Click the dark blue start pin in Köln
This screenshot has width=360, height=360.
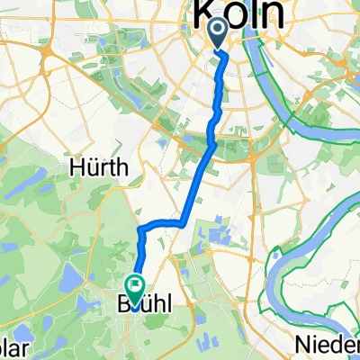click(218, 35)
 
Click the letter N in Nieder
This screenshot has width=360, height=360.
click(303, 343)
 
